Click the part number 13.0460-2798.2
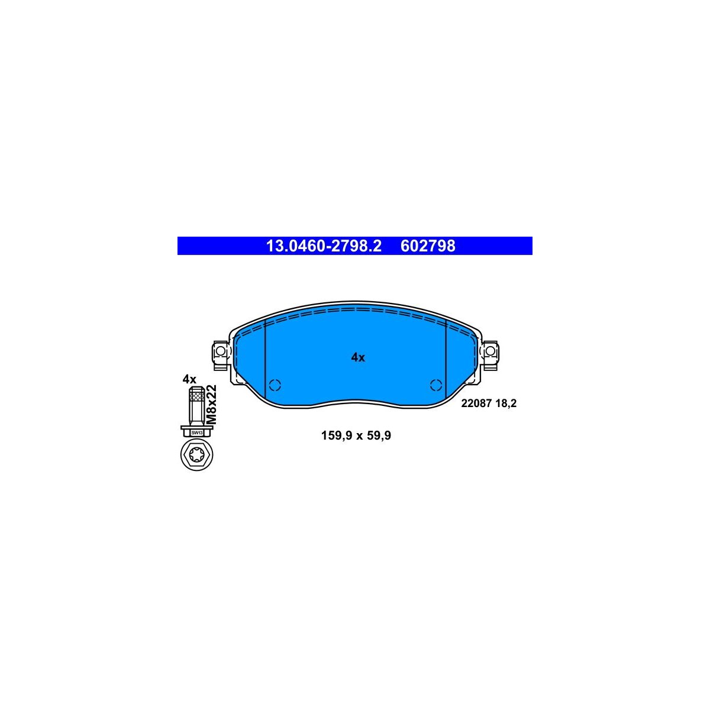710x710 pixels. click(324, 246)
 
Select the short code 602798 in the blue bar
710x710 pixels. click(427, 246)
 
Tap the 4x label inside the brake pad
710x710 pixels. click(358, 357)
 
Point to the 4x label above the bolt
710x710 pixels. click(190, 379)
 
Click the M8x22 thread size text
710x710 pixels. click(211, 405)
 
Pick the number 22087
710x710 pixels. click(476, 404)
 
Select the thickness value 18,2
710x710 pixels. click(506, 404)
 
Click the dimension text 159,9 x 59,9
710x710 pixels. click(356, 435)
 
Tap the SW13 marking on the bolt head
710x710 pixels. click(197, 433)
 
